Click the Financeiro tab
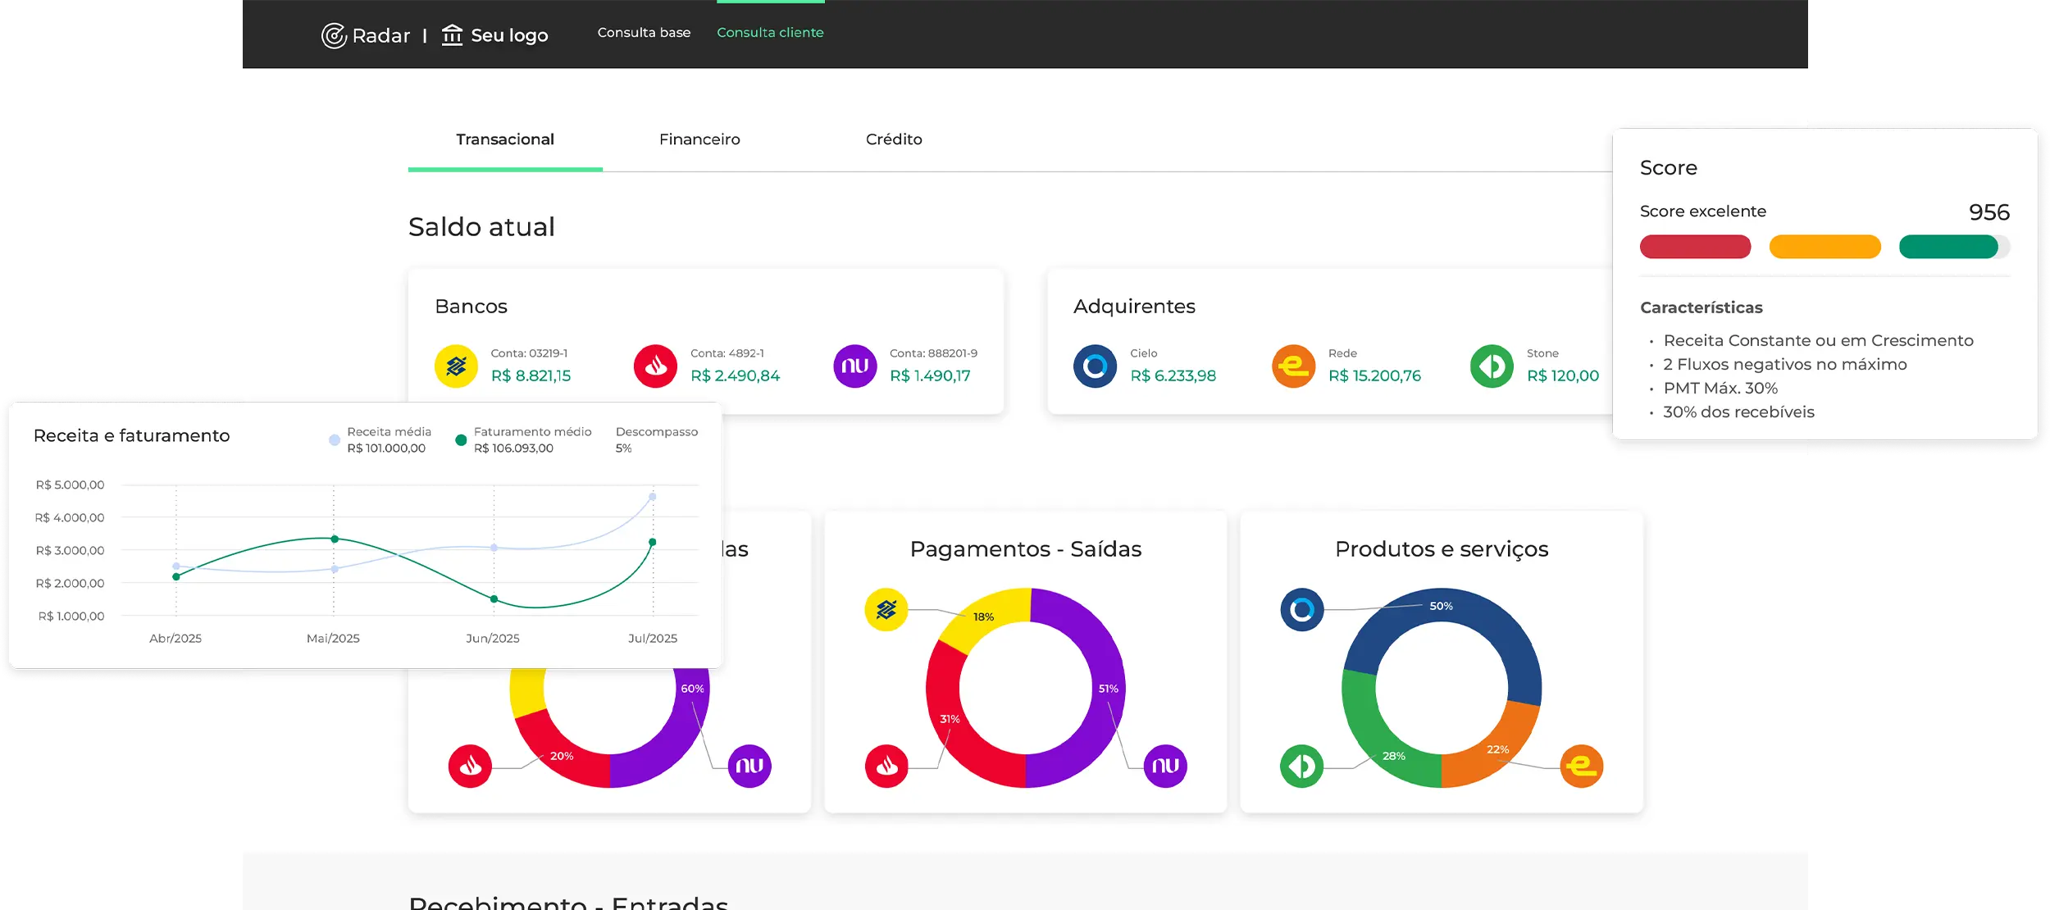[699, 139]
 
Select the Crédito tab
[894, 139]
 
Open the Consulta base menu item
[644, 33]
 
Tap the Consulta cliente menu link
[770, 33]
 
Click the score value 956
[1988, 212]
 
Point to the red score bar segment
[1695, 247]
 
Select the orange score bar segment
[1824, 247]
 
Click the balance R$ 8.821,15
[531, 375]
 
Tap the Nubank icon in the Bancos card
[854, 366]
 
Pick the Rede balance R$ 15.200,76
[1374, 375]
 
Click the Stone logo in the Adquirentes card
[1492, 366]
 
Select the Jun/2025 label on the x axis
[492, 638]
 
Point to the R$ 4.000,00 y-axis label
[70, 517]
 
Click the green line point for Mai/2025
[335, 539]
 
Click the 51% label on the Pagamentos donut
[1108, 689]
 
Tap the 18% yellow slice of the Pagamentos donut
[983, 617]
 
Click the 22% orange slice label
[1497, 749]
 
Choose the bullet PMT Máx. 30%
[1720, 388]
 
